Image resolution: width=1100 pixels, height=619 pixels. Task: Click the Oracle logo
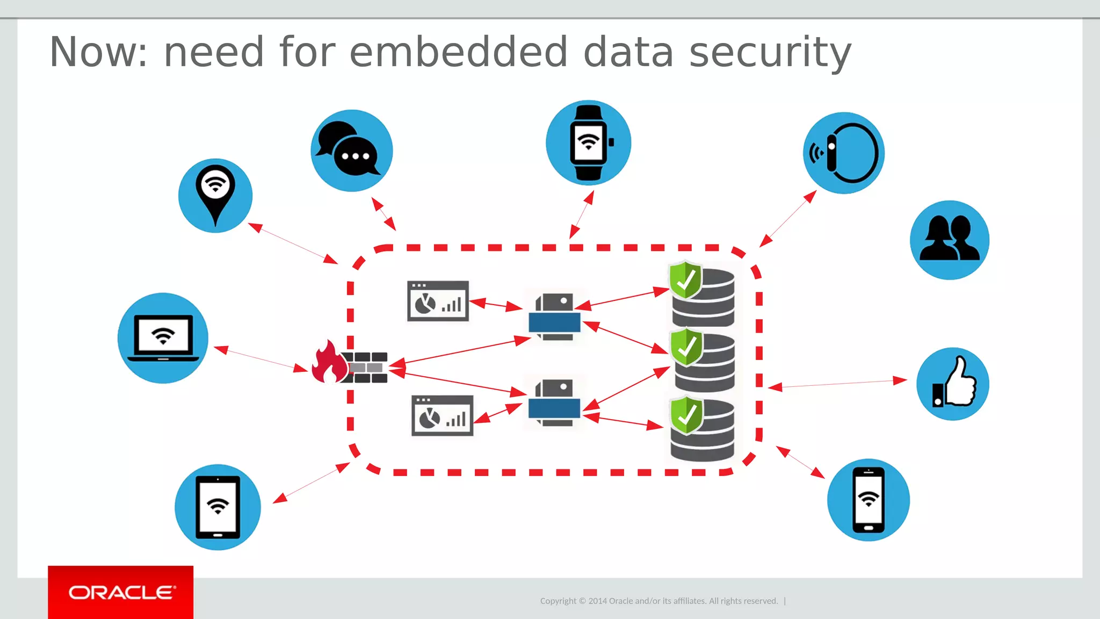point(121,592)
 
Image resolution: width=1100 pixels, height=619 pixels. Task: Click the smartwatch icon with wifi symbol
point(589,142)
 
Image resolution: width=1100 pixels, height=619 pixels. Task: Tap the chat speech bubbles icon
point(352,151)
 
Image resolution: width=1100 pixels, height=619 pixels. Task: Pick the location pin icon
point(215,195)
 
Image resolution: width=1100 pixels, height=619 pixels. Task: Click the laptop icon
point(163,338)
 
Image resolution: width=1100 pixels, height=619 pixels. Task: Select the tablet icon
point(218,507)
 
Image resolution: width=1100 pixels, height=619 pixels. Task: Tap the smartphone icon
point(869,500)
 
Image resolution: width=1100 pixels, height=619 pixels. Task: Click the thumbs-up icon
point(953,384)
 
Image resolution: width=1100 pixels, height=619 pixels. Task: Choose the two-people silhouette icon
point(950,240)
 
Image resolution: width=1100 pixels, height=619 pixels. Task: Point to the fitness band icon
point(844,153)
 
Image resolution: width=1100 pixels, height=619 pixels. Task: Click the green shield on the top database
point(685,279)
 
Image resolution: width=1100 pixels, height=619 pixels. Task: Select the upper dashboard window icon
point(438,301)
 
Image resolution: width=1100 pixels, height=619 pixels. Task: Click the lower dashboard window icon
point(442,415)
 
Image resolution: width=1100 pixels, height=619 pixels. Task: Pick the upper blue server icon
point(554,317)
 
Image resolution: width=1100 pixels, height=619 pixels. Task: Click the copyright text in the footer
point(659,601)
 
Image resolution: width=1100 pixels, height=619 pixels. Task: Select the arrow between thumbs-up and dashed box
point(838,384)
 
